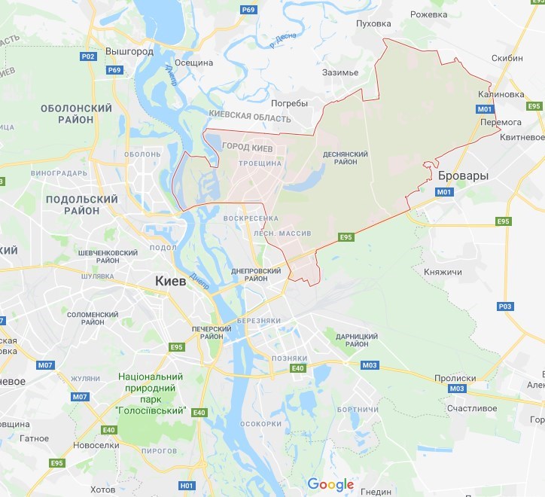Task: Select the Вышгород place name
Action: [129, 52]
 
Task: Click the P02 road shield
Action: [88, 56]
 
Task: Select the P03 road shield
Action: [505, 306]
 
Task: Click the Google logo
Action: [330, 484]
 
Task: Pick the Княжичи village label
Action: [443, 271]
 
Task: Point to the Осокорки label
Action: [260, 424]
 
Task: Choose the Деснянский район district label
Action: [346, 158]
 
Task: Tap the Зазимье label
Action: [339, 72]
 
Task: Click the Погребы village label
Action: [290, 103]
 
